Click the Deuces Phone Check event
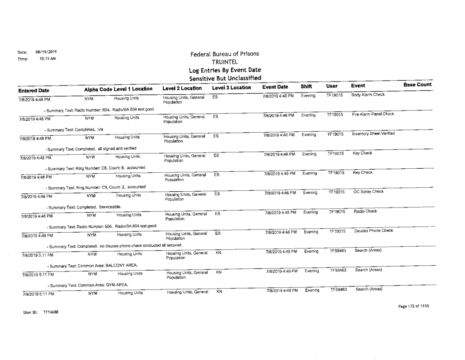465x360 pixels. coord(371,231)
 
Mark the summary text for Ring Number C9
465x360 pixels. coord(95,187)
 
